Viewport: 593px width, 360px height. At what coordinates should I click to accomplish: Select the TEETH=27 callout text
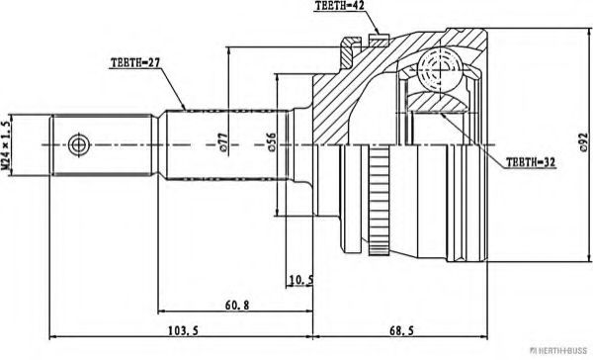click(x=134, y=62)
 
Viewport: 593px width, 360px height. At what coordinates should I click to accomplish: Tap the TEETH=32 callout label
click(x=531, y=162)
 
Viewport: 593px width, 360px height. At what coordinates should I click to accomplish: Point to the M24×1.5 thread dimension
click(x=5, y=144)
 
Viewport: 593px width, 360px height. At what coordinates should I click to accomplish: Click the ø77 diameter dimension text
click(x=223, y=143)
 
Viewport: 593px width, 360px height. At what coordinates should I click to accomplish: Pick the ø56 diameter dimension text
click(x=272, y=142)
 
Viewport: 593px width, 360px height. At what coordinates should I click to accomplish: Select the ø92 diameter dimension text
click(x=583, y=142)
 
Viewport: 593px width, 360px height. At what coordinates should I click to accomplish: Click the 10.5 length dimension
click(x=301, y=280)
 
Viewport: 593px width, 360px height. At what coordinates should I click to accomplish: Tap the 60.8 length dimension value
click(x=237, y=305)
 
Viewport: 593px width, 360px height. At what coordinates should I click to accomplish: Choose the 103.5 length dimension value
click(x=183, y=331)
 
